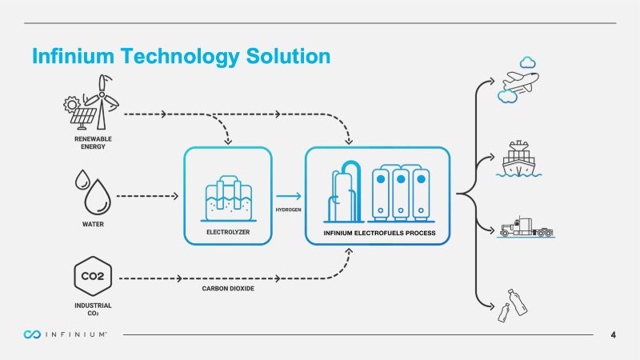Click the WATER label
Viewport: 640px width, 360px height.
click(x=93, y=224)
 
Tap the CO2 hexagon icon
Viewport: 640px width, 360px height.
click(x=93, y=278)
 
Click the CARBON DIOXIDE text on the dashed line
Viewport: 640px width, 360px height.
click(x=228, y=288)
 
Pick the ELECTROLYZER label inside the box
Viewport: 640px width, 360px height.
click(x=229, y=232)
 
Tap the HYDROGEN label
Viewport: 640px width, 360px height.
click(x=287, y=210)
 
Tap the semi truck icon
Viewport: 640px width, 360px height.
click(x=526, y=227)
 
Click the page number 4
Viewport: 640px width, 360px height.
click(x=613, y=334)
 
